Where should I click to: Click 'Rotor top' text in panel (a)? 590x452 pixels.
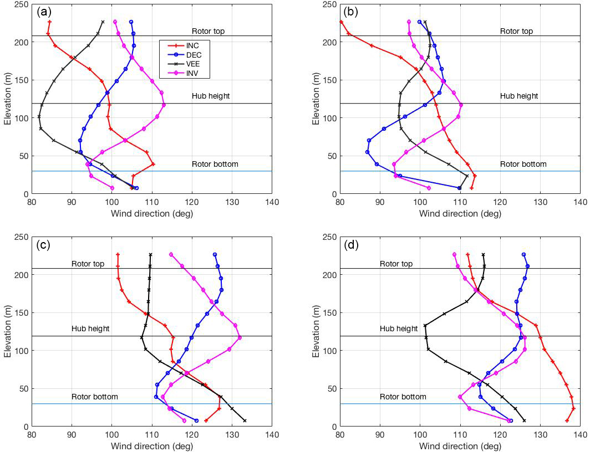[208, 31]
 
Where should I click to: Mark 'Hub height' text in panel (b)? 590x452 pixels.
[519, 96]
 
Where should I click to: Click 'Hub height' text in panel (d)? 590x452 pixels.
[399, 328]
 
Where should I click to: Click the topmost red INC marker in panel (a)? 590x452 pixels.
[50, 22]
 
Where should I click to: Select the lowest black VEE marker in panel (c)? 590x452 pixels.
[244, 420]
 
